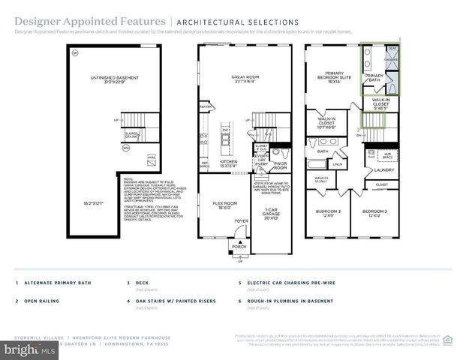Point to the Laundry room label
(383, 170)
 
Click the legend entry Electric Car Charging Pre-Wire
(287, 283)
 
